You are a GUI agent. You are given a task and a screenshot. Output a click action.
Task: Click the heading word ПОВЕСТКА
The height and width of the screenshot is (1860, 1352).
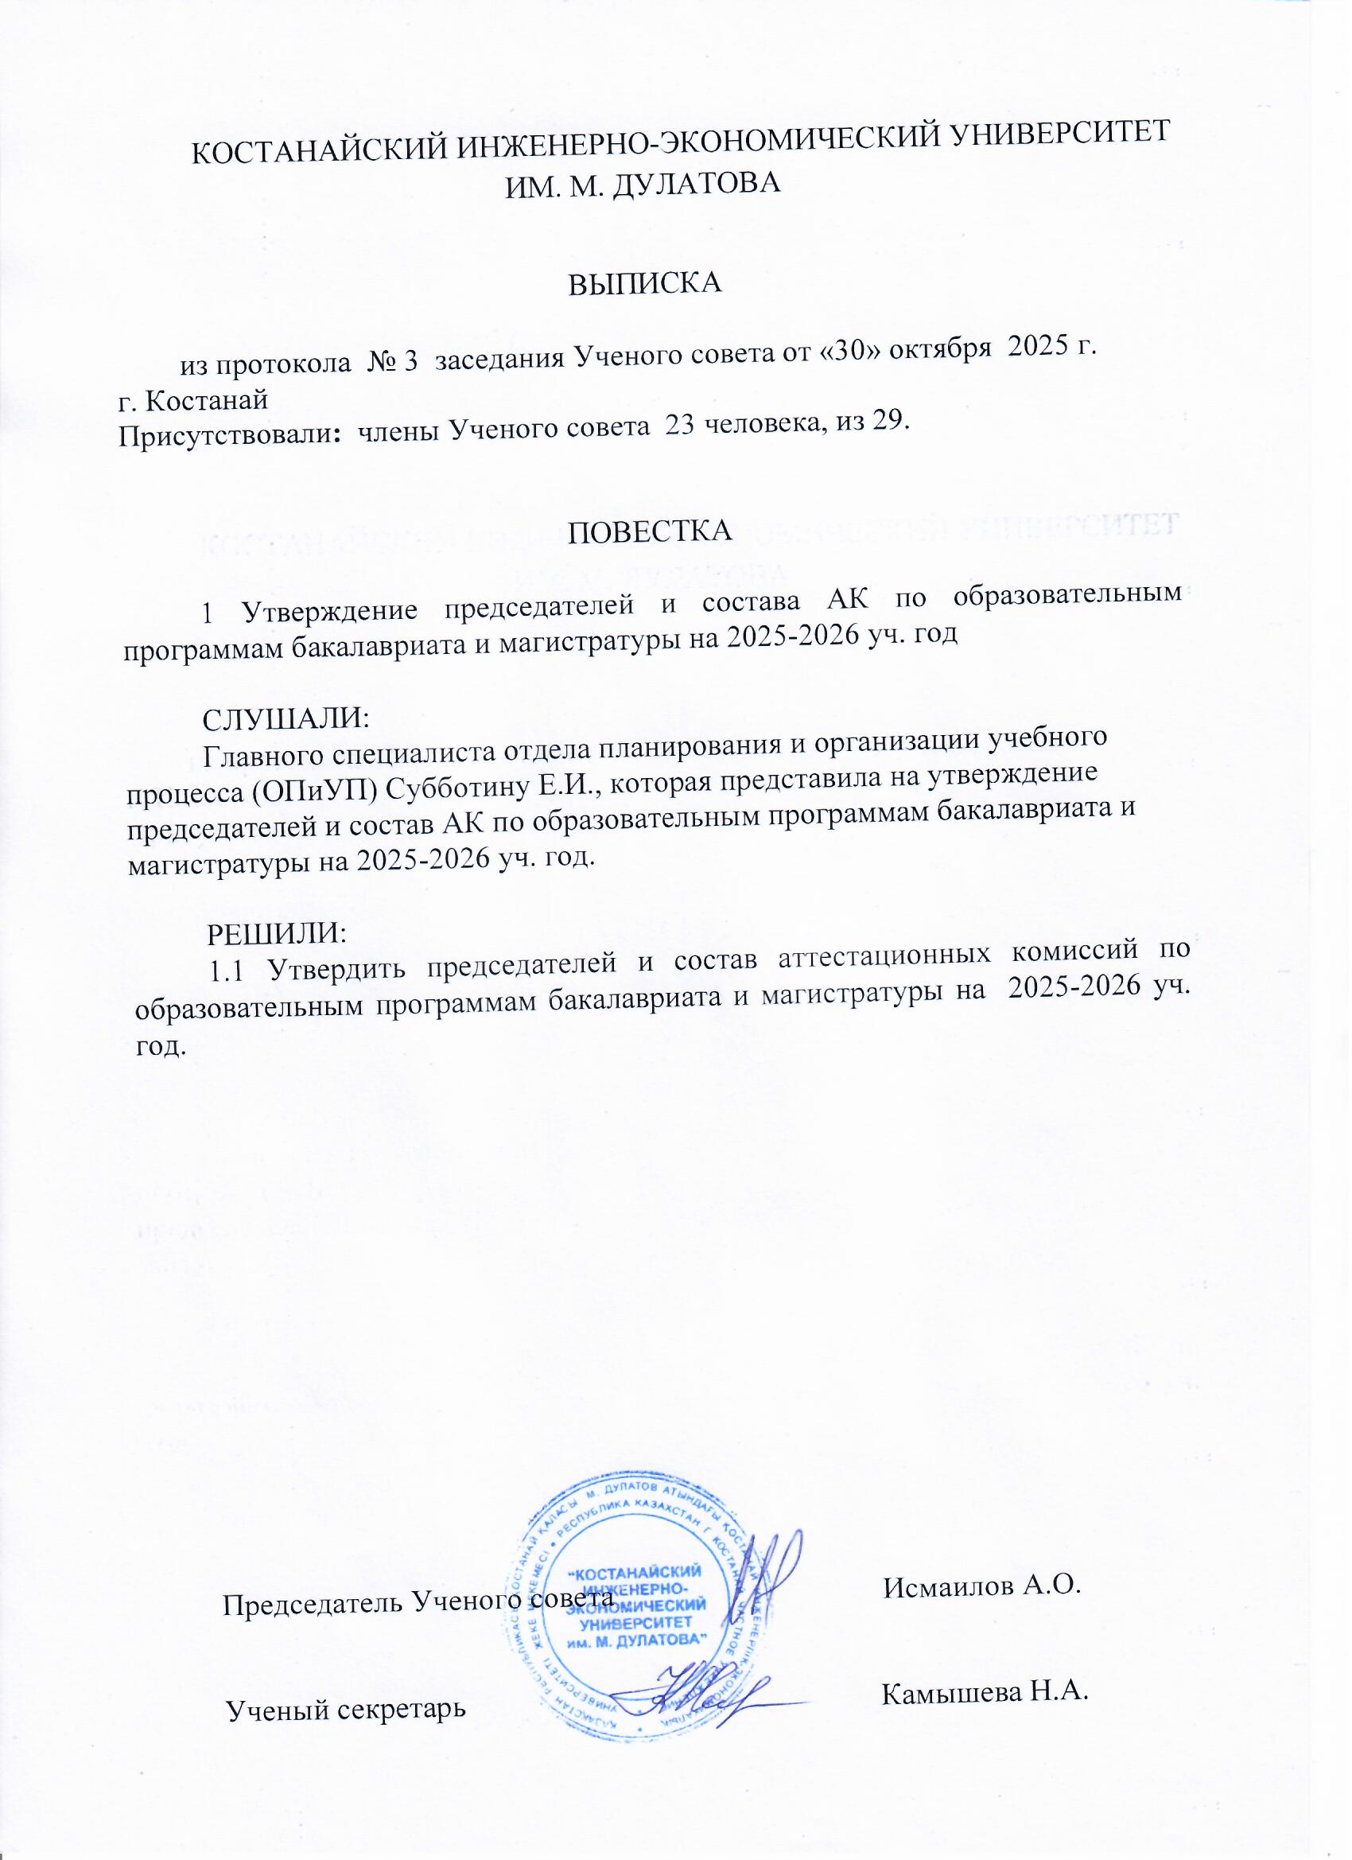[x=649, y=531]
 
